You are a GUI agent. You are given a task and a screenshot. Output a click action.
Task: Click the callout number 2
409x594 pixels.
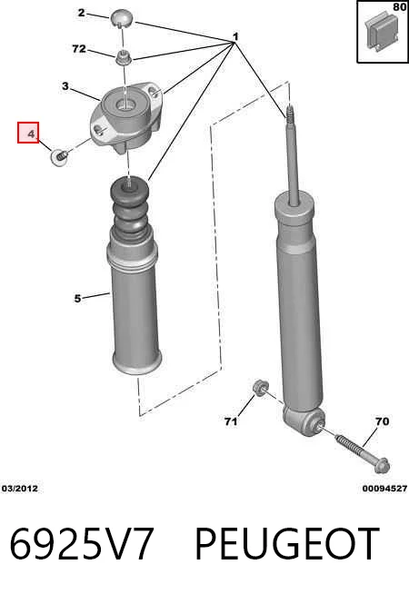tap(81, 13)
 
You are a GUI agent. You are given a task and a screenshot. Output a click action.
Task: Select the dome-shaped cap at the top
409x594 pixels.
tap(122, 18)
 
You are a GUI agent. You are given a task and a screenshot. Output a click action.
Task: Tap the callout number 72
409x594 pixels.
tap(79, 48)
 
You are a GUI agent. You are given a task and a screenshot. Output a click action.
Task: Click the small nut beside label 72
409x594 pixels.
tap(124, 58)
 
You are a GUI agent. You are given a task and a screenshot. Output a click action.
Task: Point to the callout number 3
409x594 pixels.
tap(65, 86)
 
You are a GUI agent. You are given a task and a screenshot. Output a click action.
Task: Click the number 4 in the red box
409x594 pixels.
tap(31, 134)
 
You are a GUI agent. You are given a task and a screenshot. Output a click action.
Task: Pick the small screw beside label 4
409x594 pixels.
tap(59, 157)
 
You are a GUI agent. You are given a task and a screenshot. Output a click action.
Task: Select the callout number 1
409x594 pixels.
tap(235, 37)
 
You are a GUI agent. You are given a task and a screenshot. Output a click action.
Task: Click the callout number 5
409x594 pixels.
tap(77, 299)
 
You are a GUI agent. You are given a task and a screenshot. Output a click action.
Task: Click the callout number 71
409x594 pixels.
tap(231, 421)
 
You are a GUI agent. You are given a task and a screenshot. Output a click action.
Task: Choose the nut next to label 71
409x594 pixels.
tap(261, 388)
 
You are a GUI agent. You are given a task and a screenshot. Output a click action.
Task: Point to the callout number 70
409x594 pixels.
tap(382, 421)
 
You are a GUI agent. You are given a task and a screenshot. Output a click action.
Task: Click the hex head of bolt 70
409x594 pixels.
tap(382, 466)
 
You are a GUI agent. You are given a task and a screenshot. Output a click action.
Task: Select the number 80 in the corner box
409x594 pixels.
tap(400, 7)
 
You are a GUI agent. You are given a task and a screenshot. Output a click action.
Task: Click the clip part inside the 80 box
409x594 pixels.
tap(382, 32)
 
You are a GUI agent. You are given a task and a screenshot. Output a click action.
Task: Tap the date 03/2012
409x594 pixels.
tap(20, 489)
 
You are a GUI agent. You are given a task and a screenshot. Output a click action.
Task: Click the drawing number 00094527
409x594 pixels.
tap(384, 489)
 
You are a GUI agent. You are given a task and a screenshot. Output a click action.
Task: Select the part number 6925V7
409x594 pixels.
tap(82, 544)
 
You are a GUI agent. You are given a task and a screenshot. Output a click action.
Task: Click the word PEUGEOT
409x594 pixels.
tap(287, 544)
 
